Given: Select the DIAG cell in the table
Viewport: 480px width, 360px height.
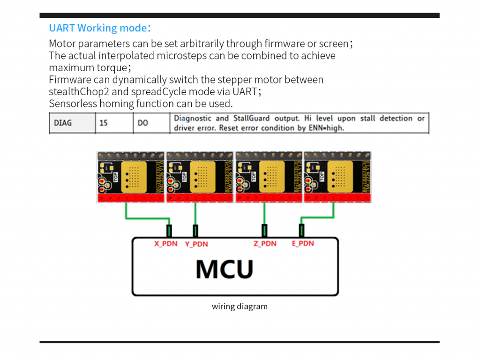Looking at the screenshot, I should coord(63,123).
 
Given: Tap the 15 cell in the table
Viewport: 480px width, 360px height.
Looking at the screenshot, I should coord(104,123).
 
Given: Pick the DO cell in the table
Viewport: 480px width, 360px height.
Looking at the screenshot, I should coord(142,123).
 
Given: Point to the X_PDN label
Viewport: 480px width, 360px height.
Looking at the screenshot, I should coord(166,244).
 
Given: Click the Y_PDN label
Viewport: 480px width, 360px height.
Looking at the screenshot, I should coord(196,244).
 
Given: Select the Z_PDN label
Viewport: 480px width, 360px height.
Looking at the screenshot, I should coord(265,244).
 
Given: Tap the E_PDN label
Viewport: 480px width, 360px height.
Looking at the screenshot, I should coord(303,244).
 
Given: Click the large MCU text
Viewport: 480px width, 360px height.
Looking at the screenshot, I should coord(225,269).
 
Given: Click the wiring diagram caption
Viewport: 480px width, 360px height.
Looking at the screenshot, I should coord(240,307).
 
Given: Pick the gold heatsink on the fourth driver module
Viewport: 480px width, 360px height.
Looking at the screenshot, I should coord(341,176).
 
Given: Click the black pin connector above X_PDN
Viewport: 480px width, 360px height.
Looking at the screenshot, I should coord(169,231).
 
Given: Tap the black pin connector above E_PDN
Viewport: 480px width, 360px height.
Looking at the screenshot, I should coord(301,231).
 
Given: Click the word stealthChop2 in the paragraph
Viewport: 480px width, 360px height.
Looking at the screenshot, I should coord(75,92).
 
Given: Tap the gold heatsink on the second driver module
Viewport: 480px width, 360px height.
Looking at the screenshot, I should coord(204,176).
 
